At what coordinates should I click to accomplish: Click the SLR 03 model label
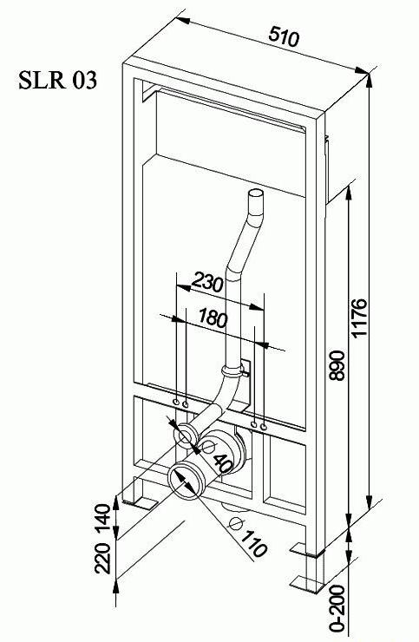(x=58, y=80)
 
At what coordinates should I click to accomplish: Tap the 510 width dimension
(x=285, y=37)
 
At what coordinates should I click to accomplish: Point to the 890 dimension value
(x=338, y=365)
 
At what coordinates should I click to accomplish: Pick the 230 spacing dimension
(x=207, y=282)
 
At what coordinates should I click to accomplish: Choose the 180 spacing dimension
(x=213, y=318)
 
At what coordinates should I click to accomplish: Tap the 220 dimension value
(x=102, y=558)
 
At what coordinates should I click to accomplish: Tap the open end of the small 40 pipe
(x=186, y=435)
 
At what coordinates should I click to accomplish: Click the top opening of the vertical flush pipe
(x=256, y=193)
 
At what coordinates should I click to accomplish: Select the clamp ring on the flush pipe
(x=232, y=372)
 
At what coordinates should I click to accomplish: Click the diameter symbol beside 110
(x=236, y=524)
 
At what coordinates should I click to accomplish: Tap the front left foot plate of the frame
(x=140, y=503)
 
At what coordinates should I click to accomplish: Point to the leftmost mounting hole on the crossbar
(x=176, y=403)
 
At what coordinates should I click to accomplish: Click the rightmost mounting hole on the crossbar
(x=264, y=428)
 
